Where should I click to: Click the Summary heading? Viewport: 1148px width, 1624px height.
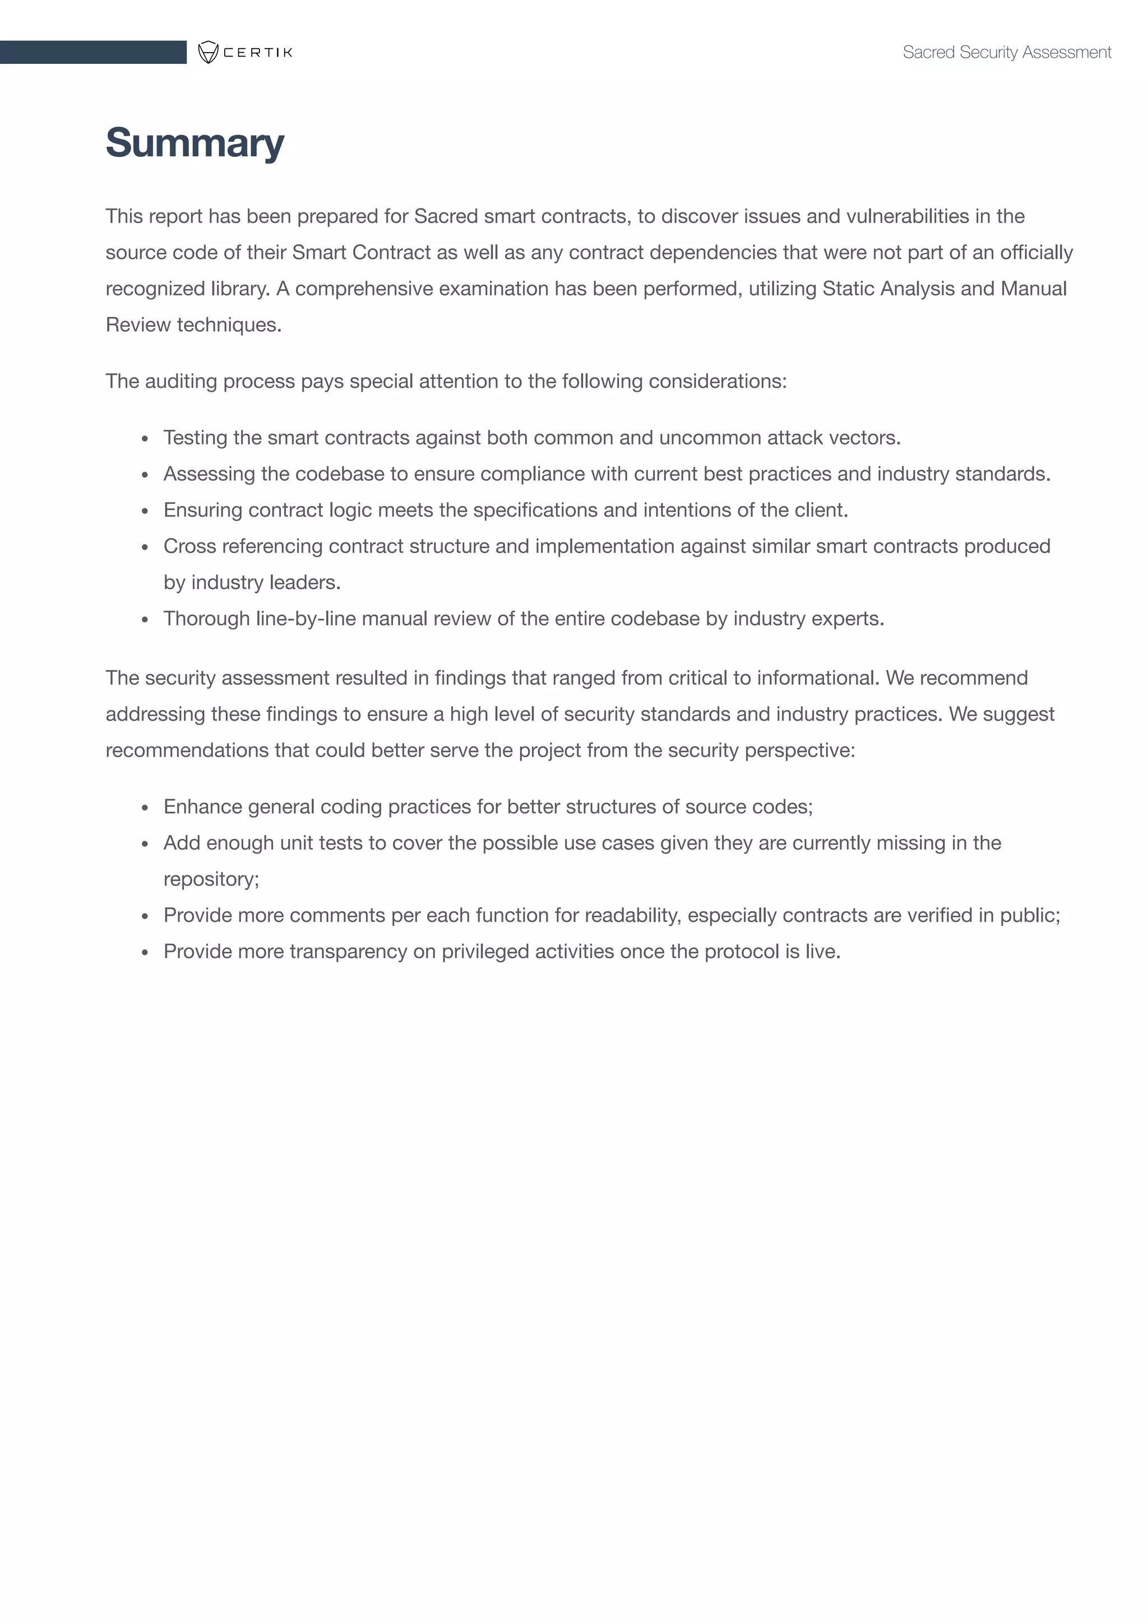click(195, 143)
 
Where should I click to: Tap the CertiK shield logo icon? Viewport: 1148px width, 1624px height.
click(208, 52)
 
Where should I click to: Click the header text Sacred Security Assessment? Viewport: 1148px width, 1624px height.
click(1007, 52)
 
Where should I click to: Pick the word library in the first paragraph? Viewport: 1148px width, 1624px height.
click(240, 289)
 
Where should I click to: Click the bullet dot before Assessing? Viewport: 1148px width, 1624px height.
click(145, 475)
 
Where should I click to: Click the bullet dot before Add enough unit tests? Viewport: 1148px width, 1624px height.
click(145, 845)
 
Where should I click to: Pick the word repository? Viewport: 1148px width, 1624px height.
click(210, 879)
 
